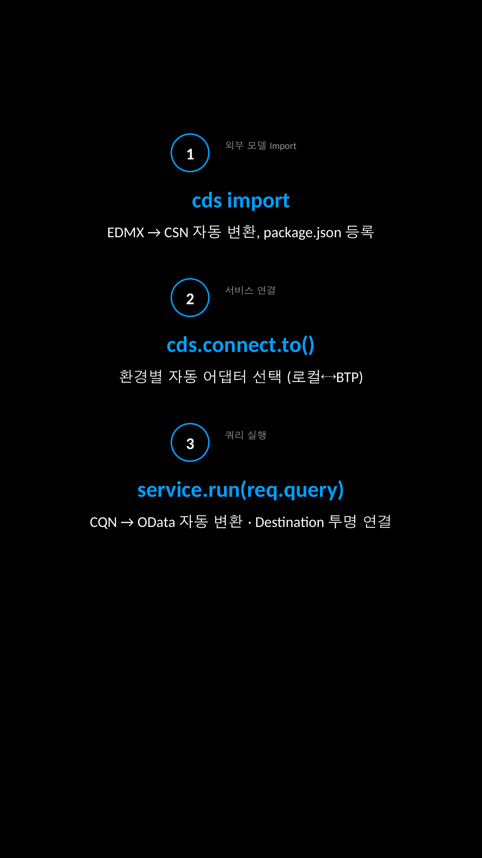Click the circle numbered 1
[x=190, y=153]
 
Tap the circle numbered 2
[x=190, y=298]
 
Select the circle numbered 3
[x=190, y=442]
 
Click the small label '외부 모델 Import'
[x=261, y=146]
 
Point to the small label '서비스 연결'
[x=250, y=290]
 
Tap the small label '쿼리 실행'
[x=245, y=435]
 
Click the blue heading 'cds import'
[x=241, y=201]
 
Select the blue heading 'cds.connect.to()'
[x=241, y=345]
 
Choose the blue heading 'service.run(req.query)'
[x=241, y=490]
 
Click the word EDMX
[x=125, y=233]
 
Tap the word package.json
[x=302, y=233]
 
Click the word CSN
[x=176, y=233]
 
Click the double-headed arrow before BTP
[x=328, y=377]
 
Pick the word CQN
[x=103, y=522]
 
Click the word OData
[x=156, y=522]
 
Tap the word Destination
[x=290, y=522]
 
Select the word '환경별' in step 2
[x=141, y=377]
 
